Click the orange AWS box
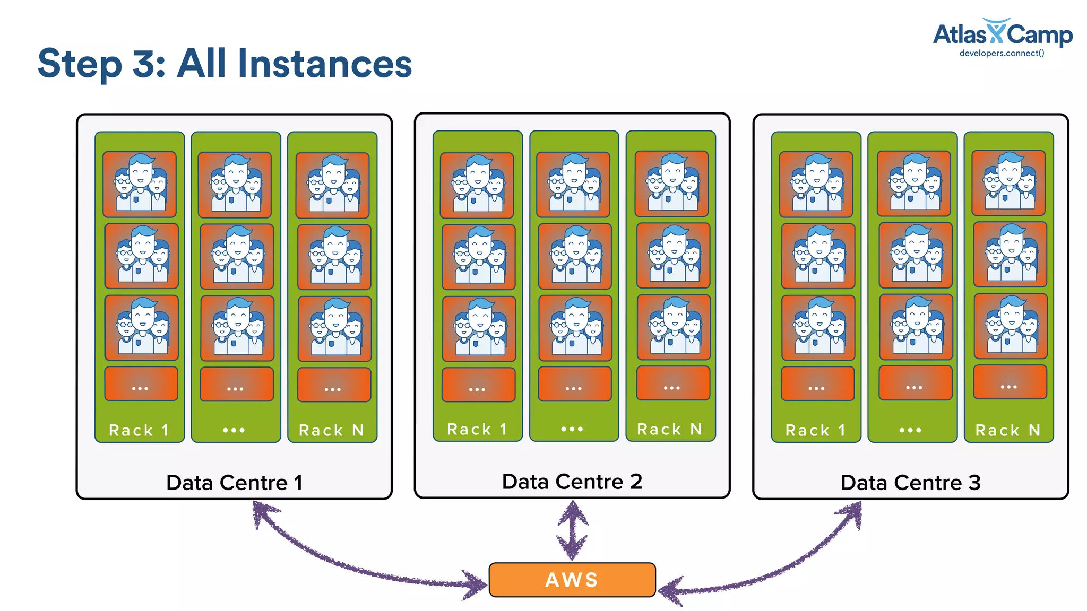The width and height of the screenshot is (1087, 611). pyautogui.click(x=572, y=580)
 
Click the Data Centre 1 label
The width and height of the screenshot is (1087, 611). pyautogui.click(x=234, y=483)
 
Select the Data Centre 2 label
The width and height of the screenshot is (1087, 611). pyautogui.click(x=572, y=482)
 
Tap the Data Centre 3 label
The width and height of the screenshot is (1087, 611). pyautogui.click(x=910, y=483)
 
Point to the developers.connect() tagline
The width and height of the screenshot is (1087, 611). pyautogui.click(x=1002, y=53)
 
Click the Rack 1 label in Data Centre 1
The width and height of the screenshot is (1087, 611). pyautogui.click(x=139, y=430)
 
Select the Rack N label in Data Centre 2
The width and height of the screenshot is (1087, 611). pyautogui.click(x=670, y=429)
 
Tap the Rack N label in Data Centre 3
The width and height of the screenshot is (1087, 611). pyautogui.click(x=1008, y=430)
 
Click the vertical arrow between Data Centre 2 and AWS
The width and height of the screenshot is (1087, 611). pyautogui.click(x=572, y=530)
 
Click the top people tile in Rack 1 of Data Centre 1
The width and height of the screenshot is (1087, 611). pyautogui.click(x=140, y=184)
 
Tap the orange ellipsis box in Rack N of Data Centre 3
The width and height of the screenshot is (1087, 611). pyautogui.click(x=1010, y=382)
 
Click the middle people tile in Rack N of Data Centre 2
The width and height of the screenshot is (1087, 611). pyautogui.click(x=673, y=255)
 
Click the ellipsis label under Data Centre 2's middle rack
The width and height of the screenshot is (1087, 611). pyautogui.click(x=572, y=429)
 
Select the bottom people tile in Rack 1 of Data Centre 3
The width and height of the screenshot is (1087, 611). pyautogui.click(x=818, y=328)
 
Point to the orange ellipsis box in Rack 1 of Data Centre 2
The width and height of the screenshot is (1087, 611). pyautogui.click(x=478, y=385)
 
